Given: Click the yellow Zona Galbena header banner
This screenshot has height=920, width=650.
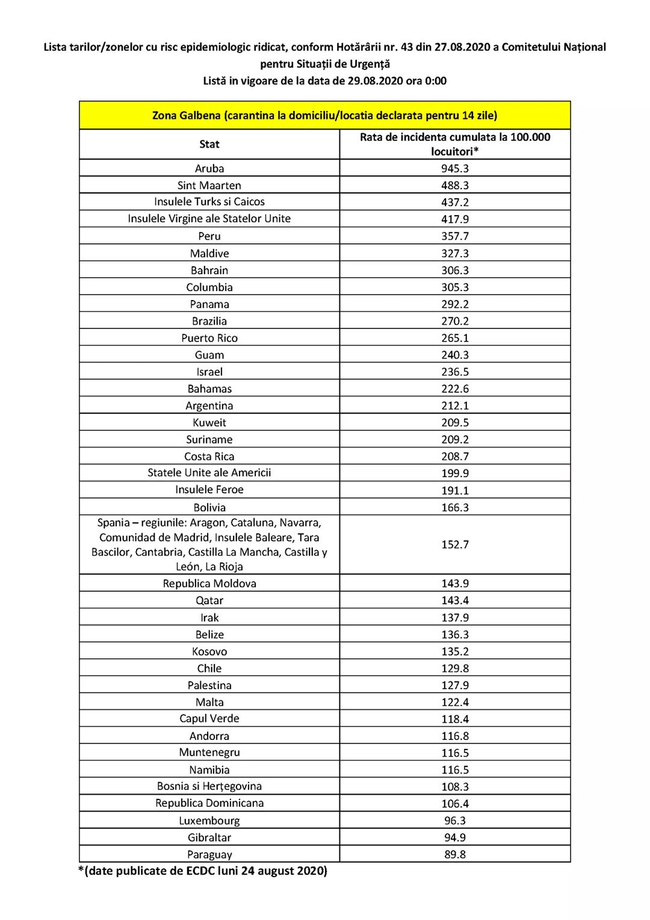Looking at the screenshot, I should tap(324, 115).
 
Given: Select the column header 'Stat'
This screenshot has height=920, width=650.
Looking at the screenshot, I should tap(209, 144).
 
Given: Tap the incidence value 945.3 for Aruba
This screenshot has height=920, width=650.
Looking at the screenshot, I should tap(454, 168).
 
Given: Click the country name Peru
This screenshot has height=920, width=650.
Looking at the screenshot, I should tap(209, 236).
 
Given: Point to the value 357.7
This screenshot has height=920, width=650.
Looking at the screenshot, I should tap(454, 236).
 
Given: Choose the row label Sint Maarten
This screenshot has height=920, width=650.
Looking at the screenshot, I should tap(209, 186).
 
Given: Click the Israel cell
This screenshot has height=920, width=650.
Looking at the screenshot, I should tap(209, 372).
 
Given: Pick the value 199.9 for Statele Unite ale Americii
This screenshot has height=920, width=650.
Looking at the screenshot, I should tap(454, 473).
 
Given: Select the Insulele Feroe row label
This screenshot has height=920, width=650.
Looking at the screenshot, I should tap(209, 490).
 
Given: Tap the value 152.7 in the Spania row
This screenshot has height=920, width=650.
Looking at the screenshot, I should tap(454, 545).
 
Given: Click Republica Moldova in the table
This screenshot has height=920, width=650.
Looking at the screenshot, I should tap(209, 583).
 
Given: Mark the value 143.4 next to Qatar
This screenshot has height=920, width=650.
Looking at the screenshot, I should tap(454, 600).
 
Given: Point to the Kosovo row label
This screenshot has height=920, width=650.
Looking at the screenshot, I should tap(209, 651).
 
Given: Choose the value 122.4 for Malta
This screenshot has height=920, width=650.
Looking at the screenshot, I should tap(454, 702).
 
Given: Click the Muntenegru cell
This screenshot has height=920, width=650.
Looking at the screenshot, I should tap(209, 753).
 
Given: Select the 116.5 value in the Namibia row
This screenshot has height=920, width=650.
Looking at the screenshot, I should tap(454, 769).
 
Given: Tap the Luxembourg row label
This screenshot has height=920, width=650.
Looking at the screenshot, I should tap(209, 821).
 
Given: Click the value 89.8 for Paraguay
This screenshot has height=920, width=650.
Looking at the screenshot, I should tap(454, 854).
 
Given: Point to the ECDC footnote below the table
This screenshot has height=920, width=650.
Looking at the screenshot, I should tap(203, 871).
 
